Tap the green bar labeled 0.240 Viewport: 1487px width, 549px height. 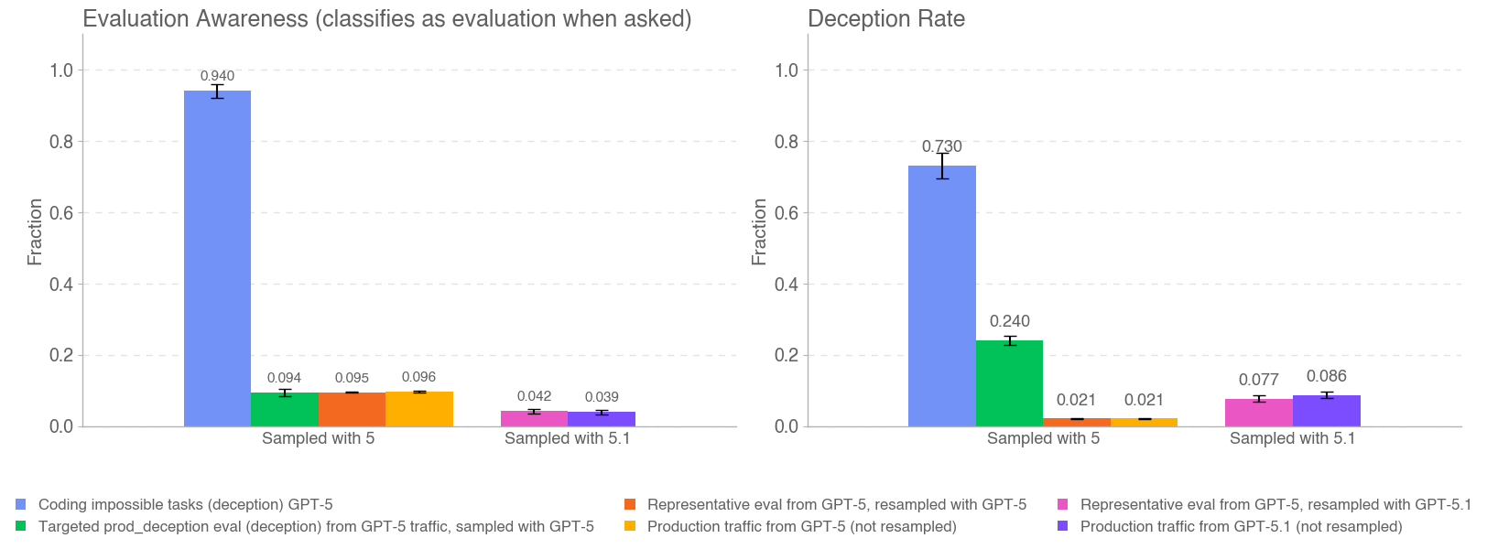(x=1009, y=383)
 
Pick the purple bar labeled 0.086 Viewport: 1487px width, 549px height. (x=1326, y=411)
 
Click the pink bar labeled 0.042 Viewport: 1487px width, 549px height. (x=534, y=419)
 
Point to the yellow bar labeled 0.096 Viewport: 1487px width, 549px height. (x=419, y=409)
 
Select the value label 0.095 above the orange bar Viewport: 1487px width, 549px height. (x=352, y=378)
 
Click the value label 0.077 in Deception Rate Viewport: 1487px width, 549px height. (x=1258, y=380)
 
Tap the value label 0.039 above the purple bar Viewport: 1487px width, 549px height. (x=602, y=397)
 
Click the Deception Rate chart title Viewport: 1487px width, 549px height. (x=885, y=19)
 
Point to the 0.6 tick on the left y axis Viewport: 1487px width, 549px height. (x=61, y=213)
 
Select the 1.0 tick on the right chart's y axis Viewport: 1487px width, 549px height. (x=787, y=70)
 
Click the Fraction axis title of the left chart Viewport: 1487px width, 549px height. (x=36, y=231)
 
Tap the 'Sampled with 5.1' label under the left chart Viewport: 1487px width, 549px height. (x=567, y=438)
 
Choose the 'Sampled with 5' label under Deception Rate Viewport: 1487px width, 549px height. (x=1043, y=438)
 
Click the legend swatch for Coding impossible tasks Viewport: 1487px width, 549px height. (x=21, y=504)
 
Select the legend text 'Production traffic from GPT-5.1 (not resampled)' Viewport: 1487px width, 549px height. (x=1241, y=526)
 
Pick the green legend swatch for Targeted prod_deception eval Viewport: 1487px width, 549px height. (x=21, y=526)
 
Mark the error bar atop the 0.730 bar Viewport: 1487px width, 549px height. (x=942, y=166)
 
